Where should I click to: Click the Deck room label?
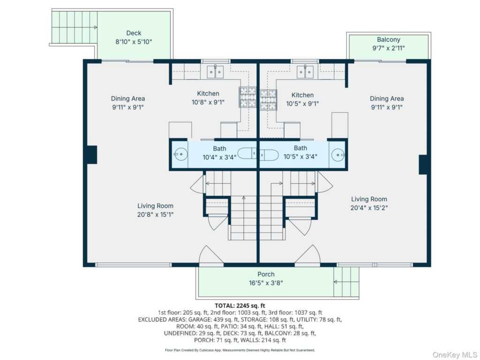tap(134, 33)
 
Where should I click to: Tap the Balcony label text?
tap(389, 39)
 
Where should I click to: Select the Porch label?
tap(266, 274)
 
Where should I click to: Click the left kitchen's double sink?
tap(215, 72)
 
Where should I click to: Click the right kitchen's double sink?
tap(305, 72)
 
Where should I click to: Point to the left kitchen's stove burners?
tap(247, 97)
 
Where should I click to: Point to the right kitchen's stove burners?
tap(269, 100)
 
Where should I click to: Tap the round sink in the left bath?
tap(180, 155)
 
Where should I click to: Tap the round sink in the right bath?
tap(338, 155)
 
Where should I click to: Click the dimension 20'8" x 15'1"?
tap(155, 214)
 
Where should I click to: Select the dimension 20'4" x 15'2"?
tap(369, 208)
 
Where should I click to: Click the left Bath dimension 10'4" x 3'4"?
tap(219, 157)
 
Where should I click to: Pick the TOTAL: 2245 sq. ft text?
tap(240, 306)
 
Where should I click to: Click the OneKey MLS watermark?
tap(455, 354)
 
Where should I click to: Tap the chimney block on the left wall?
tap(92, 155)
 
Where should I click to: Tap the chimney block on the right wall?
tap(423, 165)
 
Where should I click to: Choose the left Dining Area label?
tap(128, 98)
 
